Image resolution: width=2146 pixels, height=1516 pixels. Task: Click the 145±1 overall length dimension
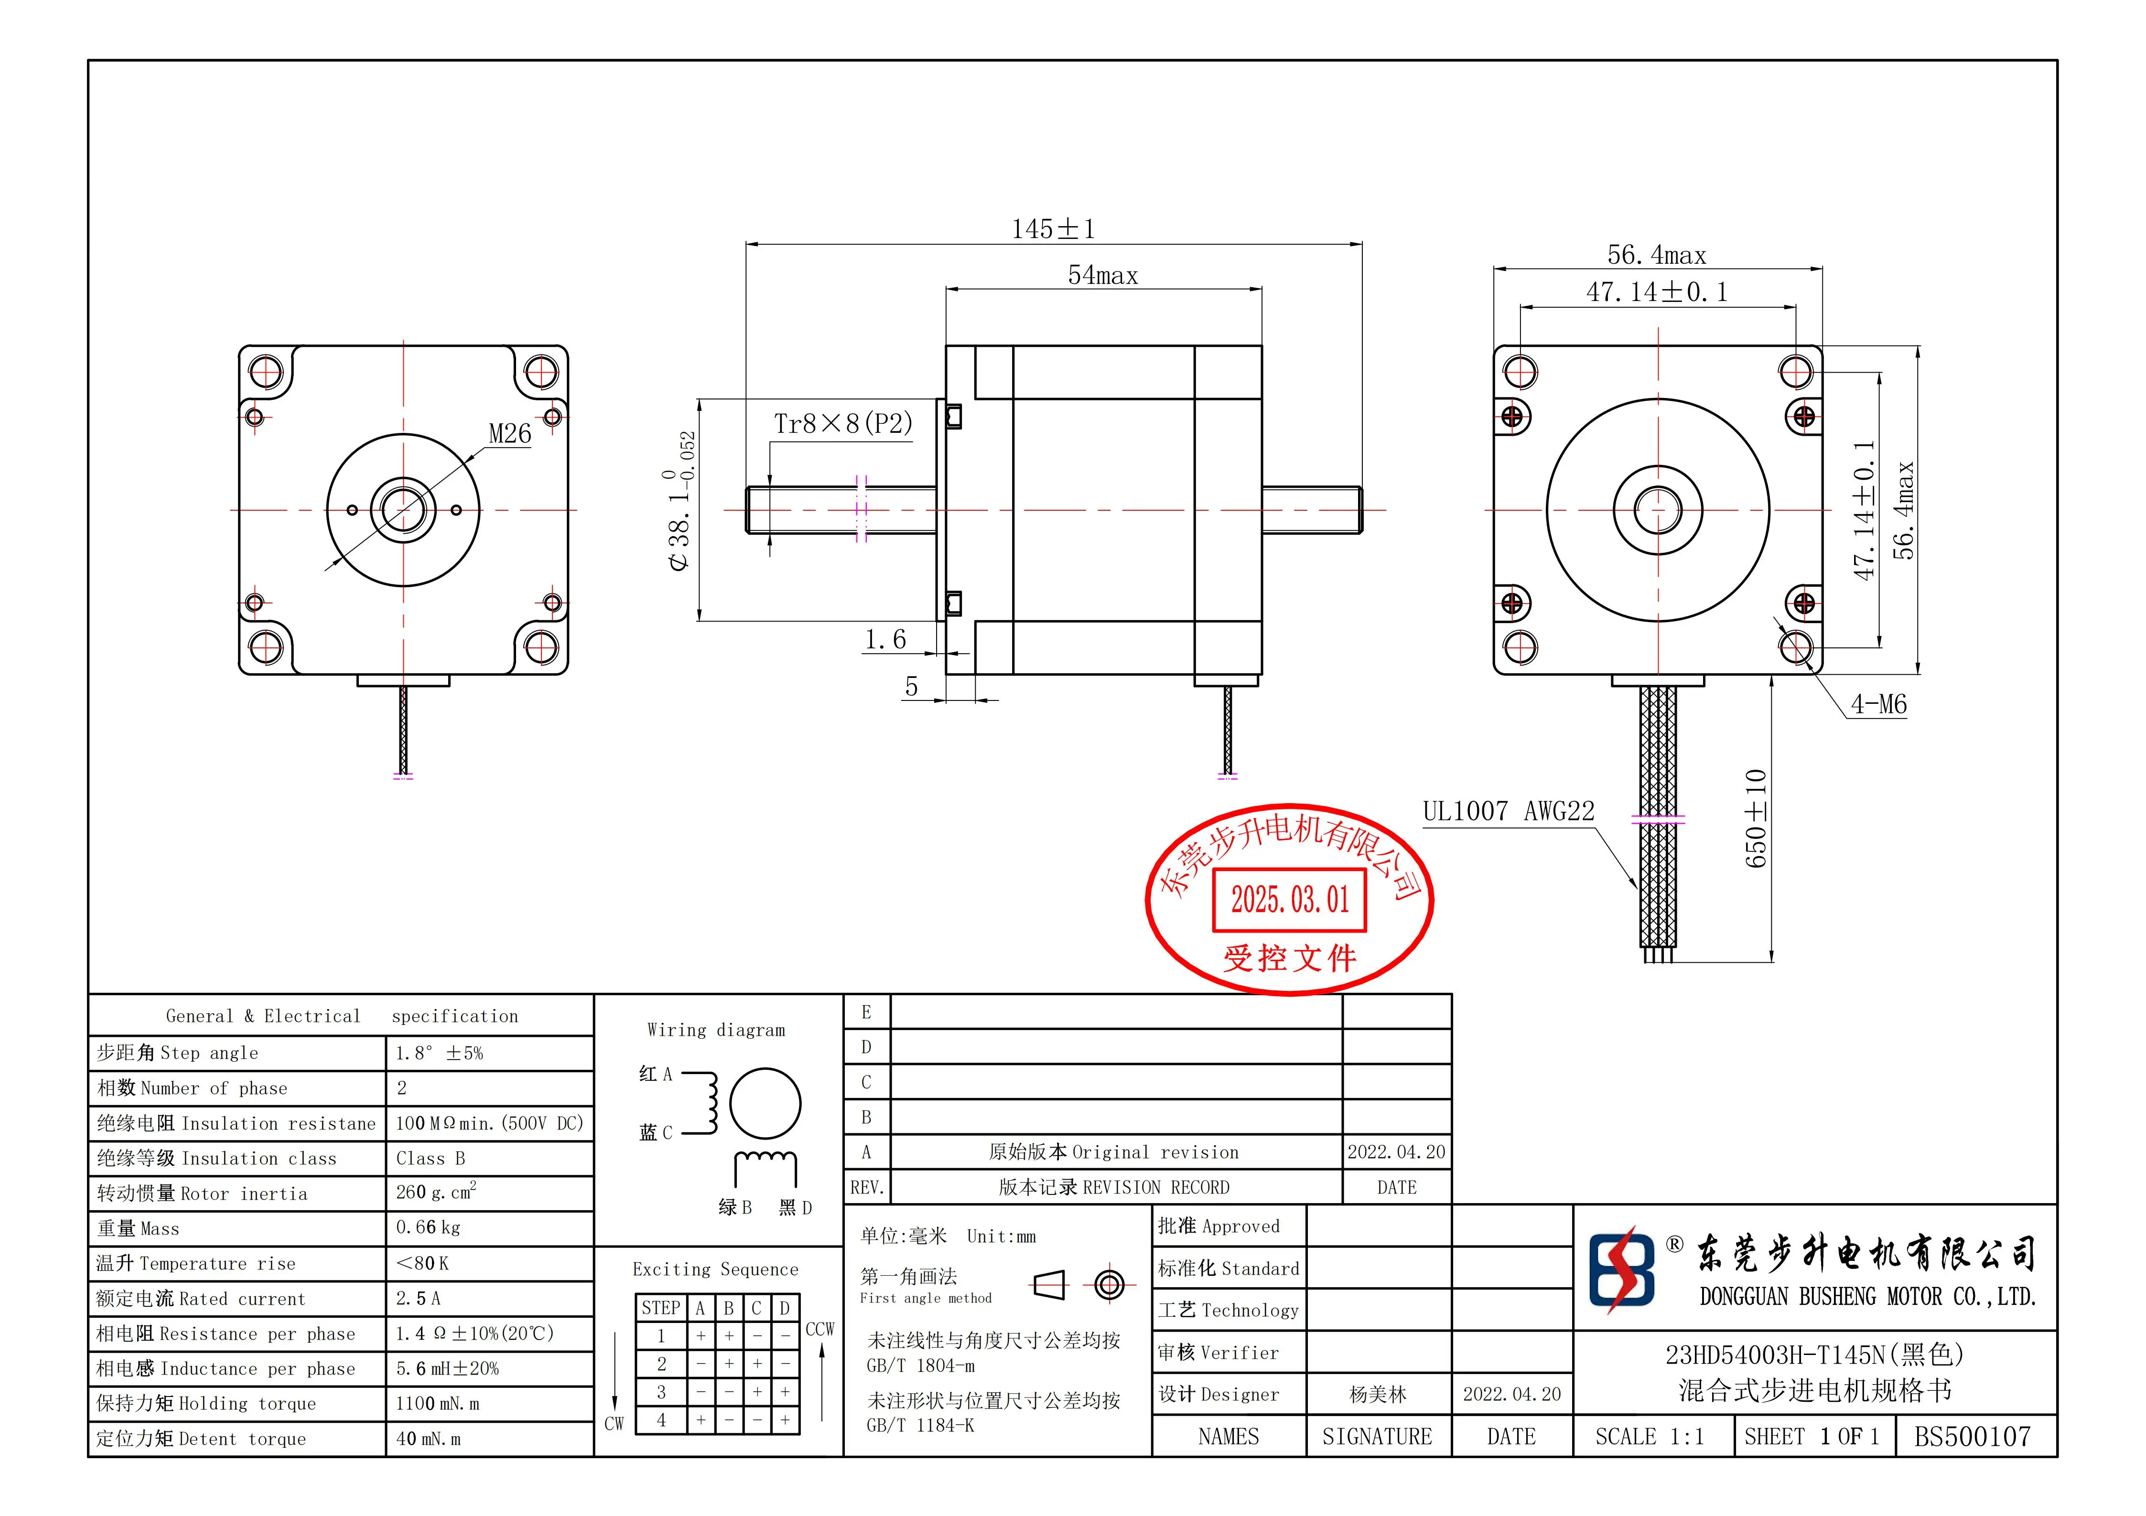[x=1053, y=229]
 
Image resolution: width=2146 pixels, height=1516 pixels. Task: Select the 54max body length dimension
[x=1103, y=276]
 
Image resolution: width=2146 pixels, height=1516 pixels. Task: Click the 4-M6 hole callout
[x=1879, y=705]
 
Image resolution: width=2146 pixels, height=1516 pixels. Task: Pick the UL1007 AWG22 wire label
[x=1509, y=811]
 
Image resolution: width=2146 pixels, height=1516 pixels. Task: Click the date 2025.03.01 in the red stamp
[x=1290, y=900]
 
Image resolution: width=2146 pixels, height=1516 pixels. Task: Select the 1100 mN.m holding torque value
[x=437, y=1404]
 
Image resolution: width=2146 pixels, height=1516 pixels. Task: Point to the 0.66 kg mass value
[x=428, y=1228]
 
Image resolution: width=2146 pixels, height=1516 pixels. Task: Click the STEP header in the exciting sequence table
[x=661, y=1309]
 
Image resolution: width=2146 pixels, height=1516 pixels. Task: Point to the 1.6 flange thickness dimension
[x=885, y=640]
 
